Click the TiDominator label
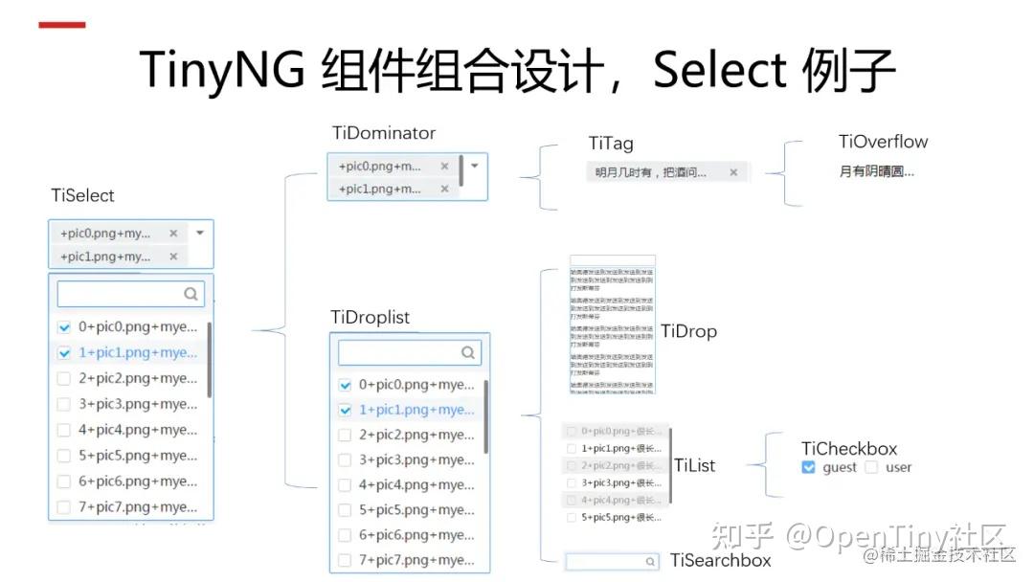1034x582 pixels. (384, 133)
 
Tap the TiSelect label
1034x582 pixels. (82, 195)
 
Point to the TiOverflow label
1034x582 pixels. (883, 142)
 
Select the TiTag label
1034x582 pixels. (611, 144)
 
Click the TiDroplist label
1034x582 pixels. (370, 317)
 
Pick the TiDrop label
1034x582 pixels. (688, 331)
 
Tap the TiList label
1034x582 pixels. (694, 465)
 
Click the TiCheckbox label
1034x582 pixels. (849, 448)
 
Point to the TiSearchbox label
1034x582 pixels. (720, 560)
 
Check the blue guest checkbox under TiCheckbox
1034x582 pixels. (809, 467)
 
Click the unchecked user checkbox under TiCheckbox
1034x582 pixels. (871, 467)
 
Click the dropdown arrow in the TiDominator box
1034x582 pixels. (474, 165)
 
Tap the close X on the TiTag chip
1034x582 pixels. (733, 172)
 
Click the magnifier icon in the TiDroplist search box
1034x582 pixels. (468, 352)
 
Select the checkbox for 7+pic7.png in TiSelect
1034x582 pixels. (64, 507)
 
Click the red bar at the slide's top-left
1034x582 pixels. (61, 25)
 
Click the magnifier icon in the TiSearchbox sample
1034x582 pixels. (651, 562)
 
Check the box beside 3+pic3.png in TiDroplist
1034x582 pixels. (346, 460)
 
